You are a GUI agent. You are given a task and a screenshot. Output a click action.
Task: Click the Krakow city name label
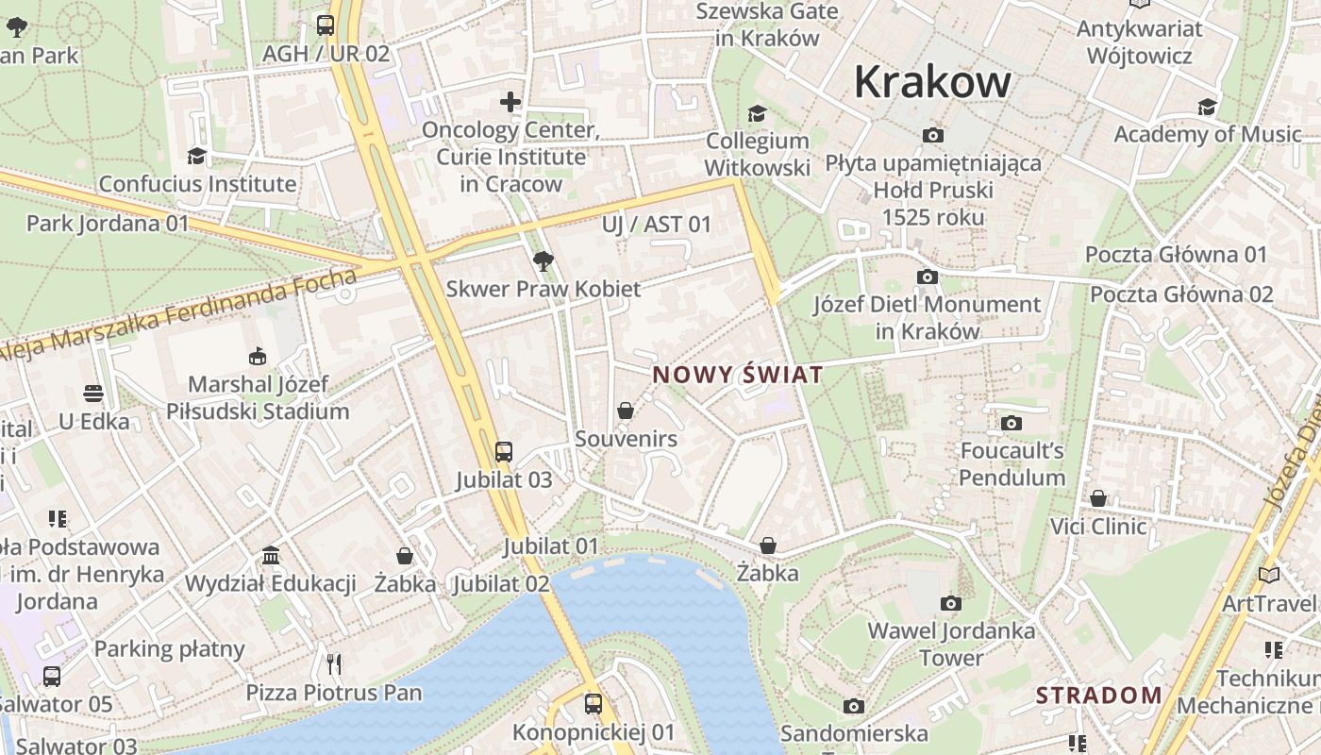click(x=932, y=83)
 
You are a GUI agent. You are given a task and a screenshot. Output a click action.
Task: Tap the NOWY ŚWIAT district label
click(x=738, y=375)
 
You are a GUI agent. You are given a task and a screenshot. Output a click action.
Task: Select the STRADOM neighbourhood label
click(x=1099, y=696)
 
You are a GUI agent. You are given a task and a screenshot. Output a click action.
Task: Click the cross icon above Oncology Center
click(x=510, y=101)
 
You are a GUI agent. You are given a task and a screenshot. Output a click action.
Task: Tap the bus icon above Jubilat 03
click(x=504, y=451)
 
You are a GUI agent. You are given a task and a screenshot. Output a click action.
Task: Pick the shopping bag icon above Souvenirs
click(x=626, y=411)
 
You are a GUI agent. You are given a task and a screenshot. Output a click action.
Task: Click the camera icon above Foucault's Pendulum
click(x=1012, y=423)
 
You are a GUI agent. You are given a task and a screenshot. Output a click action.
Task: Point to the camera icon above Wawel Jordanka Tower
click(x=951, y=603)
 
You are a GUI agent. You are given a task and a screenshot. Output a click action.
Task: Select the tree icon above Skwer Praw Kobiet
click(x=543, y=260)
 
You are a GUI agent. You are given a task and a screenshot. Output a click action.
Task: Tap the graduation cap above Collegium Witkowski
click(x=757, y=113)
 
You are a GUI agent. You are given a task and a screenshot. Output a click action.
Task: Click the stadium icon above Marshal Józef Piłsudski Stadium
click(x=258, y=356)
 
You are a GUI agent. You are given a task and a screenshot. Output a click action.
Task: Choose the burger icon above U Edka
click(x=93, y=393)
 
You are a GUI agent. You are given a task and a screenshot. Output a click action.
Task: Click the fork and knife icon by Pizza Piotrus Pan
click(x=333, y=663)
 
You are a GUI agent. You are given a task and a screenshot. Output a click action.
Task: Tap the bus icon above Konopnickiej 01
click(x=594, y=703)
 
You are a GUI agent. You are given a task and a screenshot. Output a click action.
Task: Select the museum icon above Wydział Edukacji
click(x=271, y=555)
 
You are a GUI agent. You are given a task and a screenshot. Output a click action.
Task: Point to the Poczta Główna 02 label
click(x=1181, y=294)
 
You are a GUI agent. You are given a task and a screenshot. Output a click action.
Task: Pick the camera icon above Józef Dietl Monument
click(x=928, y=277)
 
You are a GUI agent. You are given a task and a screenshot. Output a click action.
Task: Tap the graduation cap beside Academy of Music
click(x=1208, y=107)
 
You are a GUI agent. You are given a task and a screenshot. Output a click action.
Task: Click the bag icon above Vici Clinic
click(x=1098, y=497)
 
